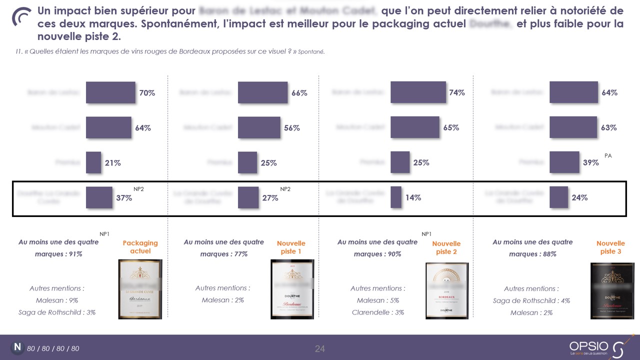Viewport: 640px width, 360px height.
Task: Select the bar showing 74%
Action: pyautogui.click(x=417, y=92)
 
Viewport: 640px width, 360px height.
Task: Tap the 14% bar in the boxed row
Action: pyautogui.click(x=396, y=197)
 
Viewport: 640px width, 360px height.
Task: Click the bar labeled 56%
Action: pyautogui.click(x=259, y=127)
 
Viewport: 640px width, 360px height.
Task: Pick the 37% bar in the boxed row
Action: pyautogui.click(x=99, y=197)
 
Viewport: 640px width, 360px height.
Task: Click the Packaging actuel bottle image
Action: pyautogui.click(x=140, y=289)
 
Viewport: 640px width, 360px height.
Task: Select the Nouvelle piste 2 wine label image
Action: pyautogui.click(x=447, y=290)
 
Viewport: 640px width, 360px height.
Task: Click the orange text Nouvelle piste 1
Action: pyautogui.click(x=291, y=247)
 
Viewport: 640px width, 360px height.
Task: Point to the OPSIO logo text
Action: pyautogui.click(x=588, y=346)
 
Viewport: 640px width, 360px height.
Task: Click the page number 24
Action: pyautogui.click(x=320, y=348)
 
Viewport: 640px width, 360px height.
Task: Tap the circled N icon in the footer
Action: pyautogui.click(x=17, y=347)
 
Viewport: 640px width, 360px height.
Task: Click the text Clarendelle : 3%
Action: pyautogui.click(x=377, y=312)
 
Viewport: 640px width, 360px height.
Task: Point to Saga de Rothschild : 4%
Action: pyautogui.click(x=531, y=300)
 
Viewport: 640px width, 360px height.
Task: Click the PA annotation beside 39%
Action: pyautogui.click(x=608, y=156)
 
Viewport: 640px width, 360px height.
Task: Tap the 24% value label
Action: pyautogui.click(x=579, y=197)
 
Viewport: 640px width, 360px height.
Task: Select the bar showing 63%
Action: pyautogui.click(x=573, y=127)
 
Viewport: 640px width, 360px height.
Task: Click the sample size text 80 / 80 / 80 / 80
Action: pyautogui.click(x=53, y=348)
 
